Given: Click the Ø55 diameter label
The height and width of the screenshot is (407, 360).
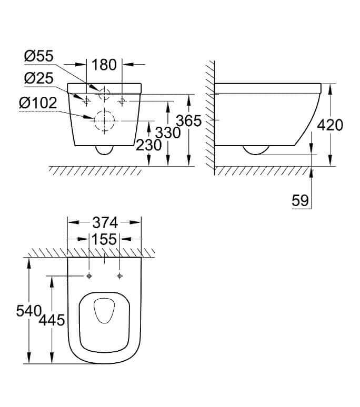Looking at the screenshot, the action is point(39,56).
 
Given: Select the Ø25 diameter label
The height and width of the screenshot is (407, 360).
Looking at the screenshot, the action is point(39,78).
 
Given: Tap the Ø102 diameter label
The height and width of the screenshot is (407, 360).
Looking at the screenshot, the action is point(38,103).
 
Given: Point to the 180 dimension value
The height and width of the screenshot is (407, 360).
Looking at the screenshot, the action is point(104,65).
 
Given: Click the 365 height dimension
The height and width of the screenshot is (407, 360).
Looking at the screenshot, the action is point(189,121).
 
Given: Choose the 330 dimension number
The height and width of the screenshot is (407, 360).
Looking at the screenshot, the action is point(168,133).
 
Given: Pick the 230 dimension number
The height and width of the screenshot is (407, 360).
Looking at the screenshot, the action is point(149,145).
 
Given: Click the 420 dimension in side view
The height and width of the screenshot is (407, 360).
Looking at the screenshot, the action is point(330,125).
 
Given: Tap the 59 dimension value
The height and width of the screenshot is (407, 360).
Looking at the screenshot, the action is point(300,200).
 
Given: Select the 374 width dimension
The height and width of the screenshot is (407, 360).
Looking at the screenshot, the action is point(105,223).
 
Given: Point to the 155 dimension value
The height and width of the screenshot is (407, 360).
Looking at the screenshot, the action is point(104,239).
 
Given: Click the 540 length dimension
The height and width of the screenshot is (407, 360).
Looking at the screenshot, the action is point(29,311).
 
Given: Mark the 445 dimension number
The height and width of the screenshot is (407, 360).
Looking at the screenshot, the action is point(52,320).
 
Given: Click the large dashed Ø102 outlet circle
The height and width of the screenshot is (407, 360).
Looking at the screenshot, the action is point(104,111).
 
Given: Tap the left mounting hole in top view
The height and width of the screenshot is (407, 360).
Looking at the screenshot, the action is point(89,276).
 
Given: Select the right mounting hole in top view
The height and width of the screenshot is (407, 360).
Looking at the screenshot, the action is point(120,276).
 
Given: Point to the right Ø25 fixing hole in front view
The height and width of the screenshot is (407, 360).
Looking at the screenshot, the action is point(122,101).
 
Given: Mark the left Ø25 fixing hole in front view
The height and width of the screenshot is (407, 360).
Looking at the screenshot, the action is point(86,101).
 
